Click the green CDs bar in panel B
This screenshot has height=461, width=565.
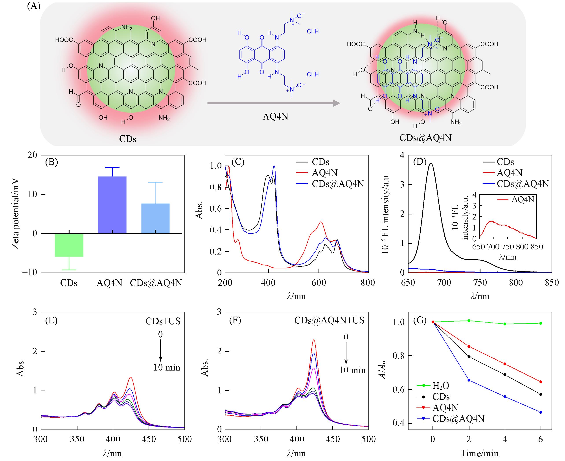(x=69, y=245)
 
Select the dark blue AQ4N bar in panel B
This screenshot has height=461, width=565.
(x=112, y=205)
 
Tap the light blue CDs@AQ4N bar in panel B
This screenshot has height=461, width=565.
(x=155, y=218)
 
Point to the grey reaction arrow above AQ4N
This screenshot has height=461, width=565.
(x=273, y=103)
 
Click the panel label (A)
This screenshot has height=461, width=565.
(x=34, y=6)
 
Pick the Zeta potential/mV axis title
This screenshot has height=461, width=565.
(x=15, y=214)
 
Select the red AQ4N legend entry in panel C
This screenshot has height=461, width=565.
(x=324, y=173)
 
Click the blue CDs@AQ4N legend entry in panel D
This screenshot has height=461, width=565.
(x=523, y=184)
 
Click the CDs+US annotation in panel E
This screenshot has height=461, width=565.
(x=163, y=321)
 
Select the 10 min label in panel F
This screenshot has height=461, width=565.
(x=352, y=370)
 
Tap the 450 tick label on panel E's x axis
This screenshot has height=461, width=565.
(x=149, y=439)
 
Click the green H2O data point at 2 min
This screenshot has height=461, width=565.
(x=469, y=321)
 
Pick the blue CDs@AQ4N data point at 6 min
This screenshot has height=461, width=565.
(x=541, y=412)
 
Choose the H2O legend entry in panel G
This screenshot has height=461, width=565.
(x=441, y=385)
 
